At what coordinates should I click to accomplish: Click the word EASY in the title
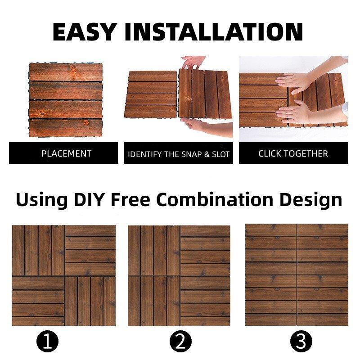pyautogui.click(x=84, y=31)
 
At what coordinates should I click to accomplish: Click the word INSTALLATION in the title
pyautogui.click(x=214, y=31)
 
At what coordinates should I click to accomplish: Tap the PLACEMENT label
pyautogui.click(x=67, y=153)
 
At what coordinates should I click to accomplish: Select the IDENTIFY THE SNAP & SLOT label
pyautogui.click(x=179, y=154)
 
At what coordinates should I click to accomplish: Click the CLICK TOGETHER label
pyautogui.click(x=293, y=153)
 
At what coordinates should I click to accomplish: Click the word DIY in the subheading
pyautogui.click(x=89, y=199)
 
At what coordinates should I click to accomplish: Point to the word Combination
pyautogui.click(x=215, y=199)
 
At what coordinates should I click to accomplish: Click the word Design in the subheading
pyautogui.click(x=311, y=200)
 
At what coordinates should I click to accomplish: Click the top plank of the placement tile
pyautogui.click(x=66, y=72)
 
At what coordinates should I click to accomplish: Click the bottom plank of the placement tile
pyautogui.click(x=66, y=128)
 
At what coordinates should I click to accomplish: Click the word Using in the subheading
pyautogui.click(x=42, y=200)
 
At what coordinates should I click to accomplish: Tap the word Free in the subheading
pyautogui.click(x=130, y=199)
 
